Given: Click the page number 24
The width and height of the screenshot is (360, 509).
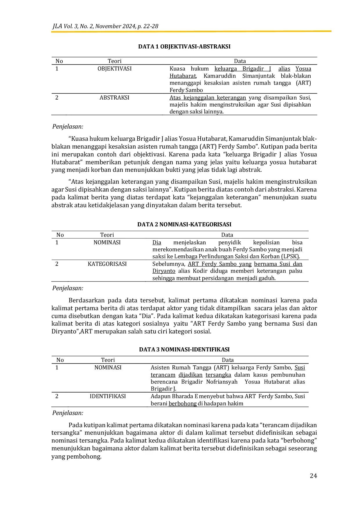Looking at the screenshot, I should coord(313,476).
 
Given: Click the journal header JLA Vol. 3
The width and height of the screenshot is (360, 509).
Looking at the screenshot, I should coord(105,26).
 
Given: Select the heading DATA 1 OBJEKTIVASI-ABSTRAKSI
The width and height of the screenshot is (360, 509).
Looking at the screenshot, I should coord(184,47).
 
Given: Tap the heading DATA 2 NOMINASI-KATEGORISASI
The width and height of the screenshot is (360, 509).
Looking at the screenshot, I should coord(184,224).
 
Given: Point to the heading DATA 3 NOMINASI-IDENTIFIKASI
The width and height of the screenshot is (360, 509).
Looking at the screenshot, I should coord(184,349).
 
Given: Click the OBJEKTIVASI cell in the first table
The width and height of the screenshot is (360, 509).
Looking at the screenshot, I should coord(114,69).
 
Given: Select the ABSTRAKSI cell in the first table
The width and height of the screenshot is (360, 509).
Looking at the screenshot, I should coord(114,98).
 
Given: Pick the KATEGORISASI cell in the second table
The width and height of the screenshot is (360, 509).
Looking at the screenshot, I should coord(107,264).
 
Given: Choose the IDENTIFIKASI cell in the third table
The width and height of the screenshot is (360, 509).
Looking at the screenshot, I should coord(108,396).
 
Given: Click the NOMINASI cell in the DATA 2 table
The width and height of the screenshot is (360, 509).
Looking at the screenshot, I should coord(107,243).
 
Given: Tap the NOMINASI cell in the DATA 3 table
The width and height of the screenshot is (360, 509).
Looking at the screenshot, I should coord(108,368).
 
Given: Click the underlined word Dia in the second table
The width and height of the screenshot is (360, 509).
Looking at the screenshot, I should coord(157,243).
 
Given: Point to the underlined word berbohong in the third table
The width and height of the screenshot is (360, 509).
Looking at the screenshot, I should coord(183,404).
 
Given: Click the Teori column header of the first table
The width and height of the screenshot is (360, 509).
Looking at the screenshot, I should coord(114,61).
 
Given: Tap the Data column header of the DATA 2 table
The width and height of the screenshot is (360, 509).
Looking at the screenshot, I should coord(227,235).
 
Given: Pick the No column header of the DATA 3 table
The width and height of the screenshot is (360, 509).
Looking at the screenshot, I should coord(60,360).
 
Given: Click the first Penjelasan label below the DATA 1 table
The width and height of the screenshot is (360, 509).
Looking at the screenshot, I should coord(68,127).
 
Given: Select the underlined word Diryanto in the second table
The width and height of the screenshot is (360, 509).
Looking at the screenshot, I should coord(164,271).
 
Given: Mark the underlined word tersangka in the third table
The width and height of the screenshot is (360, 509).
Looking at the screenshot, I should coord(218,375).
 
